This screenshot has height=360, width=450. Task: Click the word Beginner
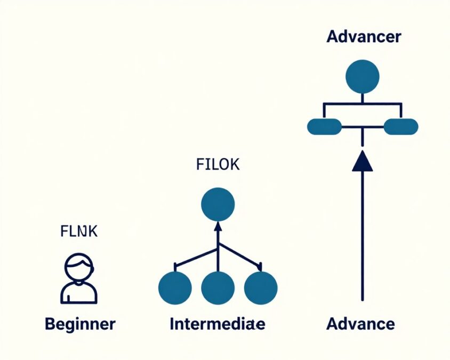(80, 323)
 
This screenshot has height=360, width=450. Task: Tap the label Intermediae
(217, 323)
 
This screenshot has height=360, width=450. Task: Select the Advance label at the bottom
(361, 323)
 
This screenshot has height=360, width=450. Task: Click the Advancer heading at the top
(364, 37)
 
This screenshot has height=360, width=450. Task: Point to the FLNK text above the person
(79, 232)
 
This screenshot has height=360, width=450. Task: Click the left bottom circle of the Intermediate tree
(175, 288)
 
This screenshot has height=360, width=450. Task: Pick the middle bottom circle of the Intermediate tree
(218, 288)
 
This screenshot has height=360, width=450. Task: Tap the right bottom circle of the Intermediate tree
(261, 288)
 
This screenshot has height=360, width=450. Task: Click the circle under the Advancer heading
(363, 77)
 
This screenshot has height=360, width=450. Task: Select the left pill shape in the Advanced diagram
(324, 127)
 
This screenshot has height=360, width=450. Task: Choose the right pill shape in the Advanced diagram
(401, 127)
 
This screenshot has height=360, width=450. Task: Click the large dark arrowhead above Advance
(363, 161)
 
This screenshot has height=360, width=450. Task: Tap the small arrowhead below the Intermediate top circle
(218, 226)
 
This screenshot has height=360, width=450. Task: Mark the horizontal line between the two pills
(363, 127)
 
